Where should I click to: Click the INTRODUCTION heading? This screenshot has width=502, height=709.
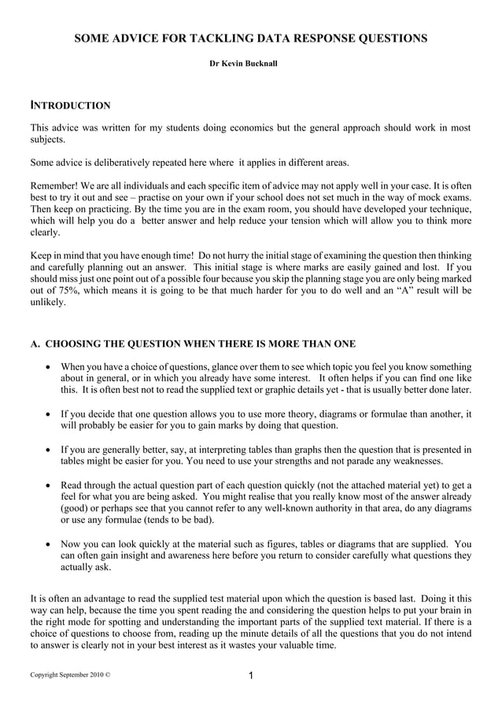pyautogui.click(x=70, y=105)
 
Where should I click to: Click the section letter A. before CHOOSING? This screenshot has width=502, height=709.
pyautogui.click(x=35, y=343)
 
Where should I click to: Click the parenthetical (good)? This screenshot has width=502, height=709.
pyautogui.click(x=76, y=508)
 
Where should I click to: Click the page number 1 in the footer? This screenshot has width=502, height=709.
pyautogui.click(x=250, y=675)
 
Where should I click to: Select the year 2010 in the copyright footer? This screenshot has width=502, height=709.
pyautogui.click(x=93, y=675)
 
